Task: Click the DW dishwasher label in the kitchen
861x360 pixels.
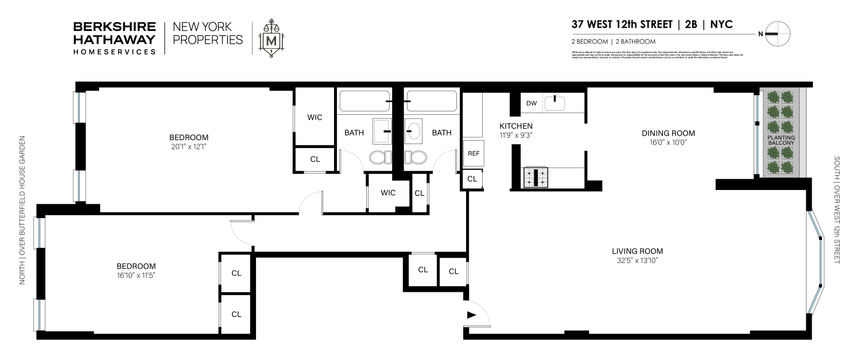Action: (532, 103)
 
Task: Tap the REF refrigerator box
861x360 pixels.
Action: (473, 153)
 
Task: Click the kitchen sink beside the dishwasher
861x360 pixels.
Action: (554, 103)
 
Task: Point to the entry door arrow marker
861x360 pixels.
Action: (472, 315)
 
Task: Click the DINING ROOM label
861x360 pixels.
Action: (664, 133)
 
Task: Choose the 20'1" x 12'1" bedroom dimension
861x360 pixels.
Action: (188, 147)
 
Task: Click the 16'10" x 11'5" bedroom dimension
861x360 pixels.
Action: (136, 276)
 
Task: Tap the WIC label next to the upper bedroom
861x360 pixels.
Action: (315, 117)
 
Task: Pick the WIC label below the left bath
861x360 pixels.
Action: (388, 192)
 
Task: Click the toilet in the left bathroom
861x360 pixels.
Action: (379, 157)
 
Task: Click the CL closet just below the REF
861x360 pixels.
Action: (472, 179)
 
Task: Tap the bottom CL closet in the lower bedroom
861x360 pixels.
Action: (236, 314)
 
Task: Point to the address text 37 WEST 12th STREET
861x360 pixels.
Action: (622, 25)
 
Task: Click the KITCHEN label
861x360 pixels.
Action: (516, 126)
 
